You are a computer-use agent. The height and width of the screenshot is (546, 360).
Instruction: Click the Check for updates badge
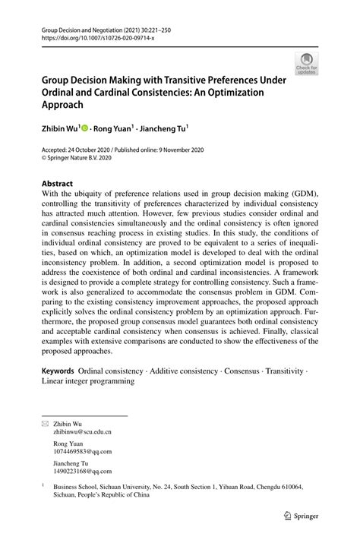[x=307, y=63]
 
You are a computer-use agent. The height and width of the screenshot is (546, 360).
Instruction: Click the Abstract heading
[x=58, y=184]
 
